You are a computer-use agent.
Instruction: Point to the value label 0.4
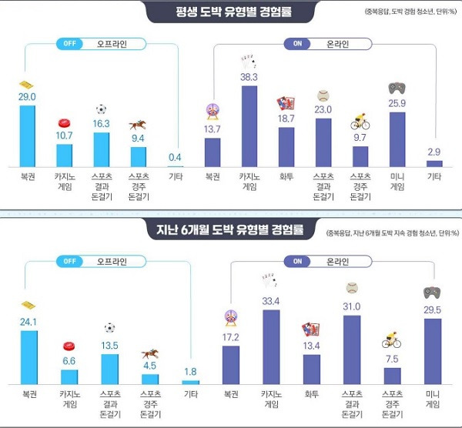pyautogui.click(x=176, y=158)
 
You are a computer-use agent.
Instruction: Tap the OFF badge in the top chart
pyautogui.click(x=68, y=44)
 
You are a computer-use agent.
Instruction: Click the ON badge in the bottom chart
pyautogui.click(x=296, y=261)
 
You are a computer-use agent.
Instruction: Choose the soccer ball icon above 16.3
pyautogui.click(x=102, y=109)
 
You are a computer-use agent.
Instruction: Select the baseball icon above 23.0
pyautogui.click(x=323, y=96)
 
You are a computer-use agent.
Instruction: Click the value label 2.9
pyautogui.click(x=434, y=151)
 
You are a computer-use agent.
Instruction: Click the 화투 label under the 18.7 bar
pyautogui.click(x=286, y=176)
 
